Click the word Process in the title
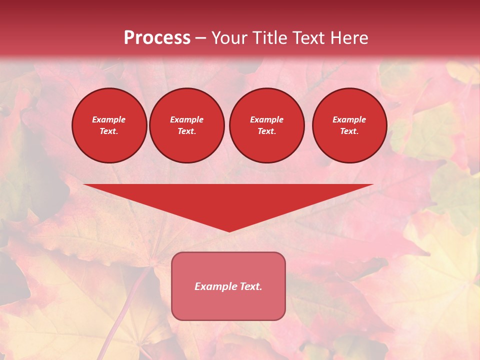[157, 38]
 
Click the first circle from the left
[109, 125]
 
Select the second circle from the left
[186, 125]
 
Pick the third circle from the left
[266, 125]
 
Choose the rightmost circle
[349, 125]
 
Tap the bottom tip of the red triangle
[228, 231]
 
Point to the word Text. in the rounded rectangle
[250, 286]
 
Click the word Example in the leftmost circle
[109, 119]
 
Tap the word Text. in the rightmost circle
[349, 131]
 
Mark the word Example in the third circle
[266, 119]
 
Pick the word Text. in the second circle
[186, 131]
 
